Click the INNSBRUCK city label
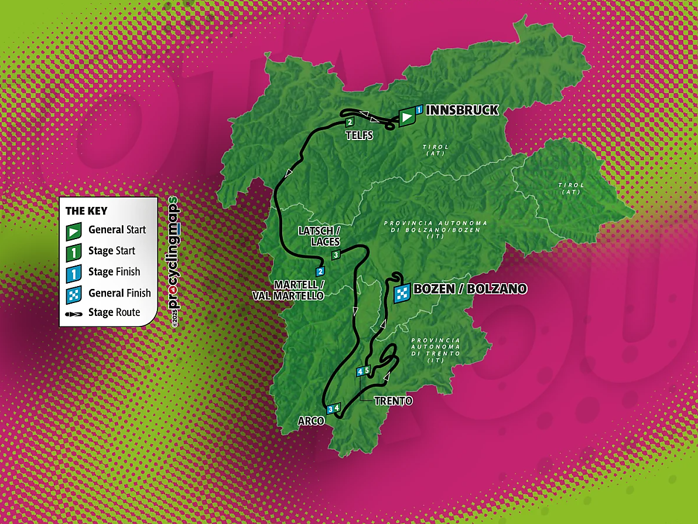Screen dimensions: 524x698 (x=462, y=110)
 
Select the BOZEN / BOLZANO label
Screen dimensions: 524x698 (x=470, y=289)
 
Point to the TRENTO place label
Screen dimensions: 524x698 (x=395, y=401)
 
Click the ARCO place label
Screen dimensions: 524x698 (x=311, y=421)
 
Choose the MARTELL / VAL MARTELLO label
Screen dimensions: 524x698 (x=296, y=291)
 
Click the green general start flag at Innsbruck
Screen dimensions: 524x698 (x=406, y=117)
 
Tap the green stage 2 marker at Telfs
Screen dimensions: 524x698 (x=349, y=123)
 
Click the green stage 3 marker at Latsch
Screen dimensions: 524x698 (x=336, y=255)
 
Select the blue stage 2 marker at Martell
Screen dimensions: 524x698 (x=320, y=271)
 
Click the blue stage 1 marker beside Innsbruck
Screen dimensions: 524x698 (x=419, y=110)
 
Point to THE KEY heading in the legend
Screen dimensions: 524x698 (x=87, y=211)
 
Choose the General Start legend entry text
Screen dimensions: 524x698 (x=117, y=230)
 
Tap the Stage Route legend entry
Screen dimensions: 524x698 (x=114, y=312)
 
